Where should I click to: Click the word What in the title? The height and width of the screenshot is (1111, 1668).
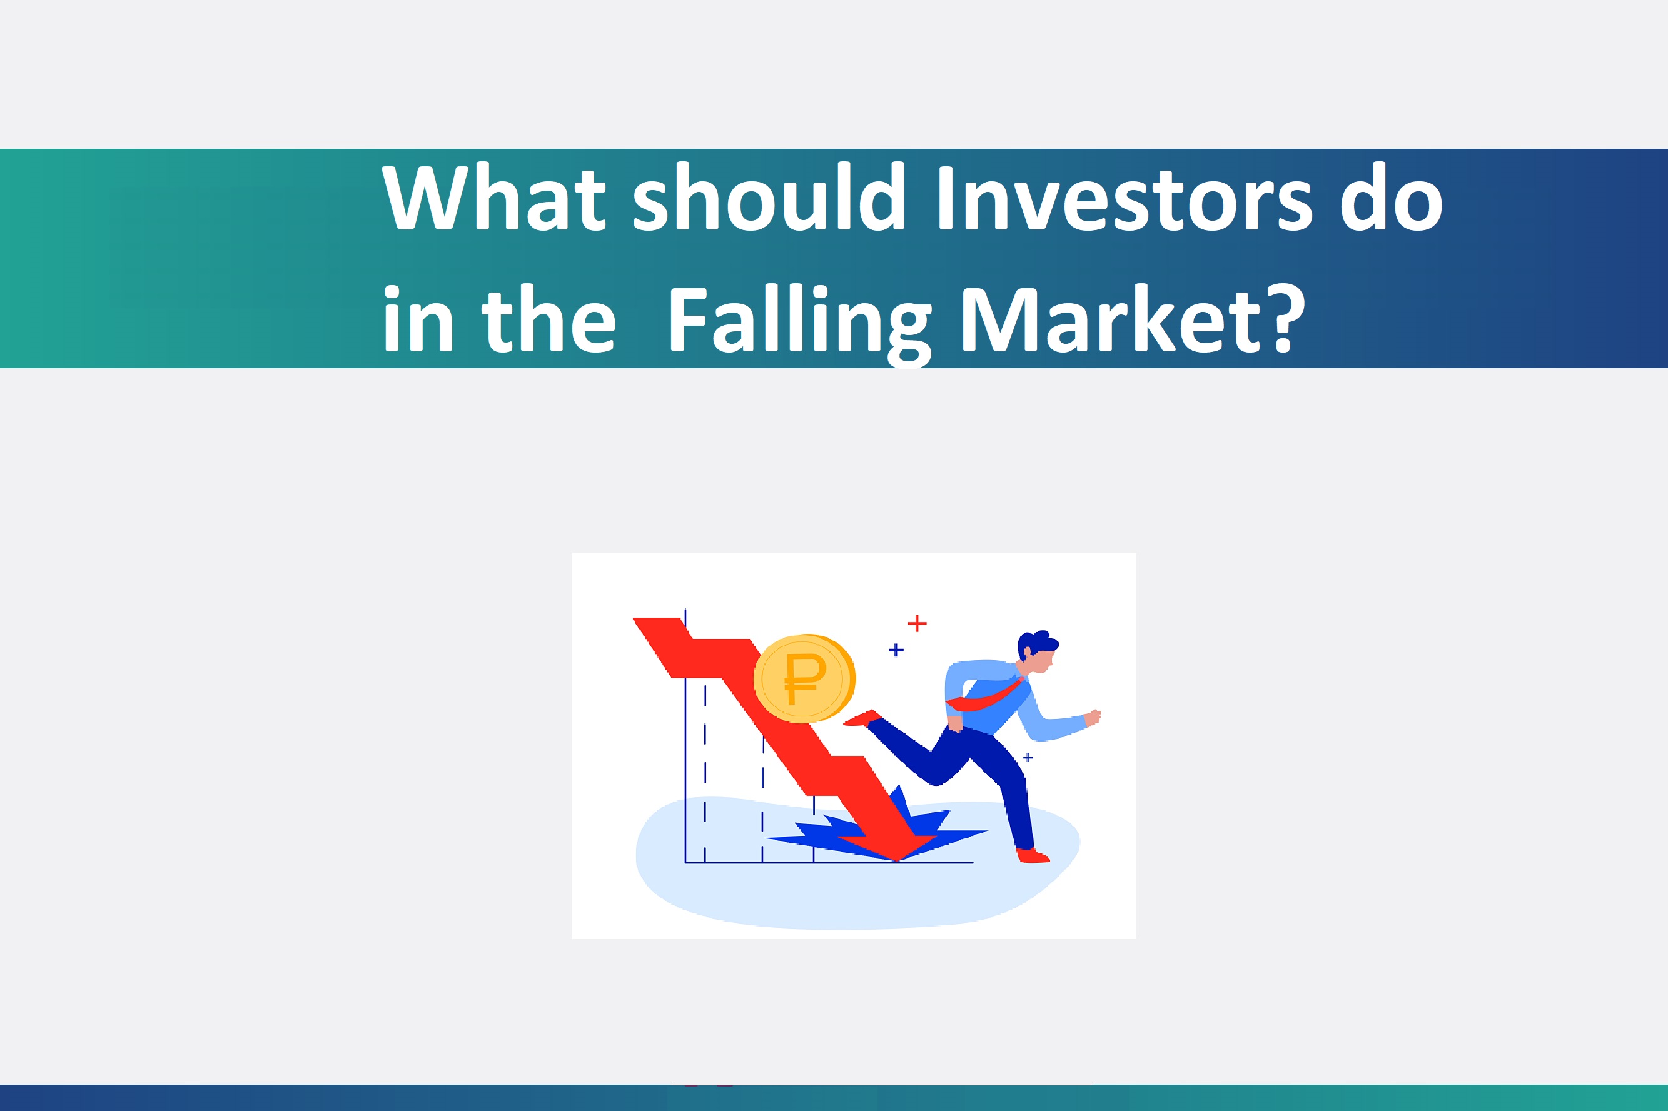click(494, 197)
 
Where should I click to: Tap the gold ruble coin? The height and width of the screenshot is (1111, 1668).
click(804, 678)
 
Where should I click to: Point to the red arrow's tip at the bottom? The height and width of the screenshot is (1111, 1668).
click(897, 861)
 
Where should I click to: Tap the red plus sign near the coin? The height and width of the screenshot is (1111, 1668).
click(917, 623)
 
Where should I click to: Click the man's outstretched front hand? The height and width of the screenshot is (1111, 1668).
click(1093, 717)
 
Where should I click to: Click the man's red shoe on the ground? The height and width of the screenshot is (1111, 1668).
click(1033, 855)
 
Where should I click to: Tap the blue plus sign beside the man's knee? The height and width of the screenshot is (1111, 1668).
click(1028, 757)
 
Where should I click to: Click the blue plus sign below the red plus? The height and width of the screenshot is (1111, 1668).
click(896, 650)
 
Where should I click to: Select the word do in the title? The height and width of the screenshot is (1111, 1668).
click(1391, 197)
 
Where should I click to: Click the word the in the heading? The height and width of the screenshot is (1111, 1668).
click(548, 318)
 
